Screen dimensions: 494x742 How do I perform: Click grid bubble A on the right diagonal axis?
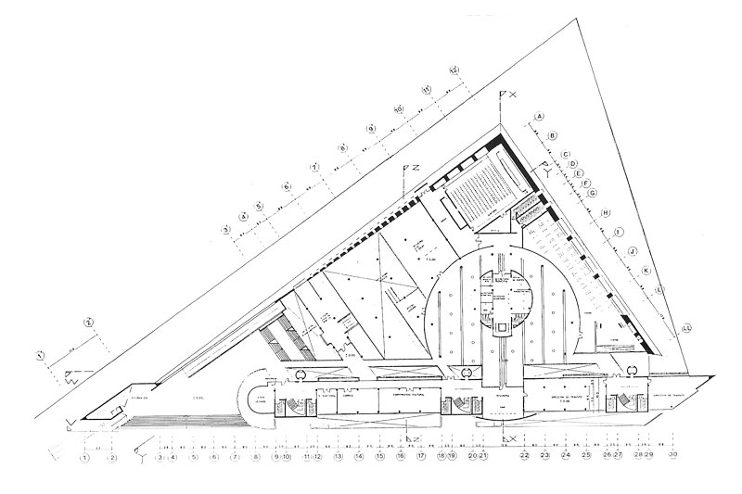538,117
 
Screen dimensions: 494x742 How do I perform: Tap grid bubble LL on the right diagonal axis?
686,328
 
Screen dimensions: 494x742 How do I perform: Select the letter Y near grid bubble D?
550,171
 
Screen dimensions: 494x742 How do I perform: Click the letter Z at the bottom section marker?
416,436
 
